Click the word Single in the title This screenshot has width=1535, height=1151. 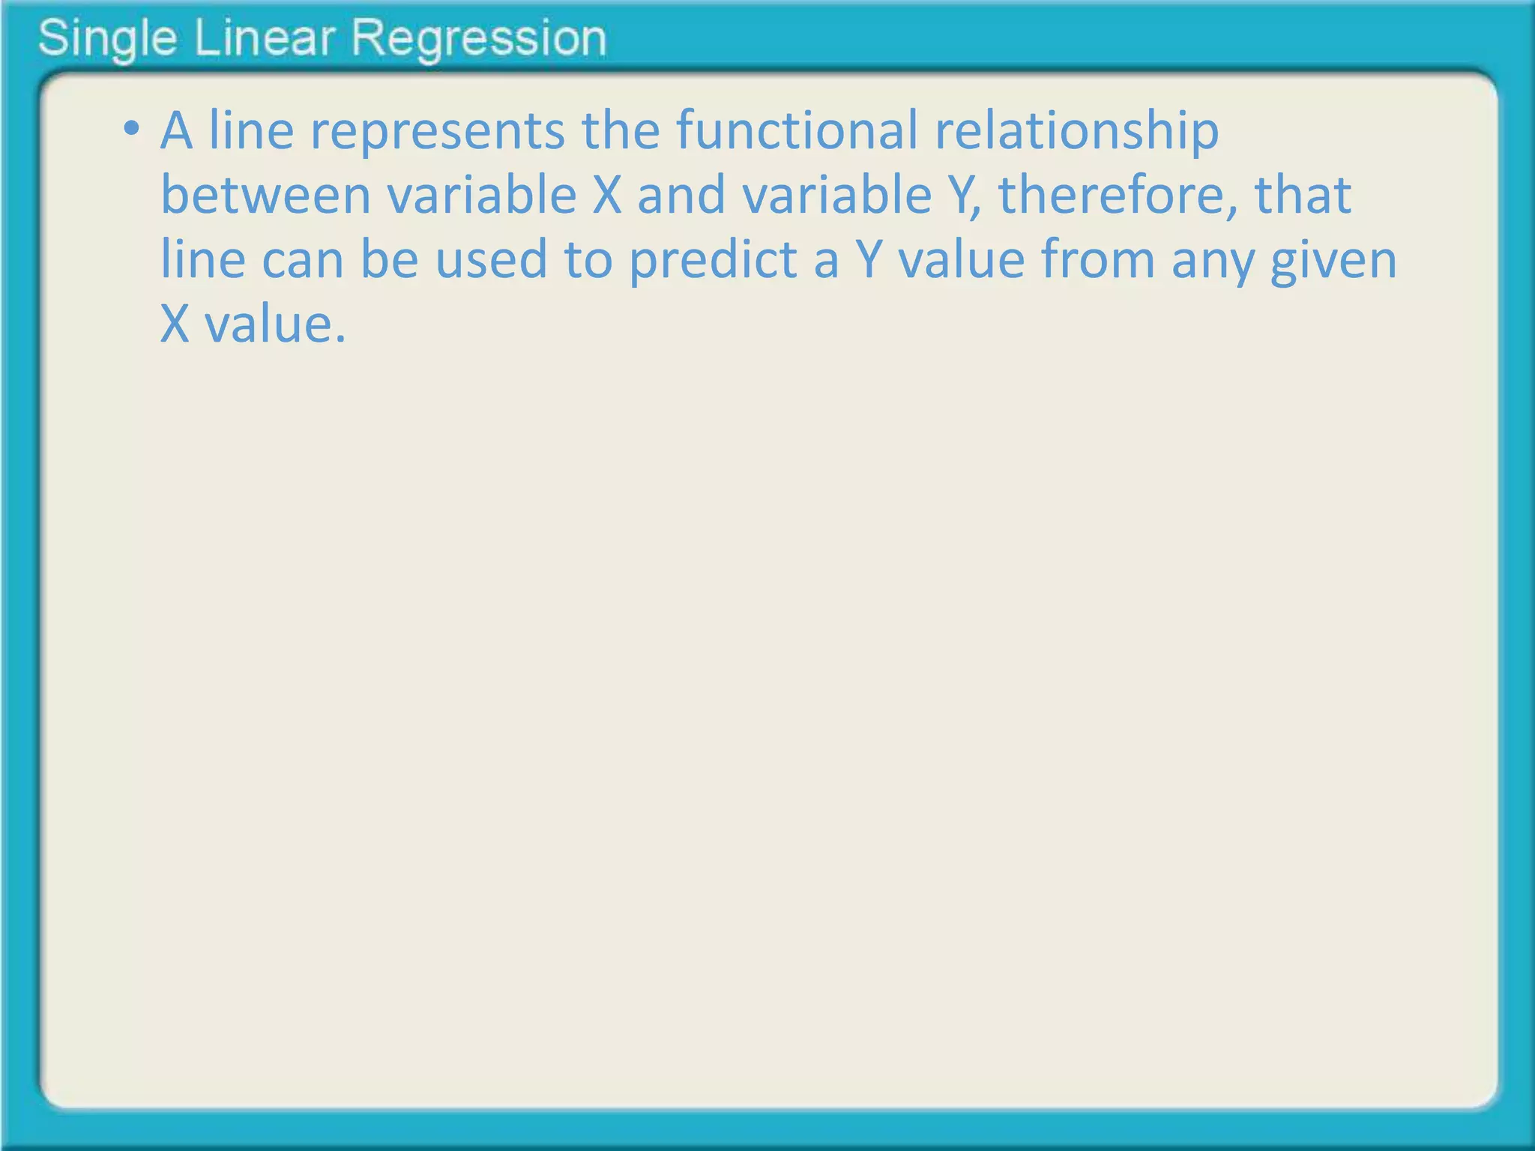[x=107, y=39]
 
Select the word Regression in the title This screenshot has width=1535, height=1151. [x=479, y=39]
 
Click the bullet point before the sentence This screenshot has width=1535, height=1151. [x=132, y=129]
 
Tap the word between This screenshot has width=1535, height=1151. [x=266, y=195]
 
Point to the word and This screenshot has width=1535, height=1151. [x=681, y=195]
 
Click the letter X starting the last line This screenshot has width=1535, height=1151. [x=175, y=324]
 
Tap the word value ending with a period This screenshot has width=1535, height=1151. [x=275, y=324]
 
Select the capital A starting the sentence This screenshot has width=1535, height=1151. [x=176, y=130]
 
